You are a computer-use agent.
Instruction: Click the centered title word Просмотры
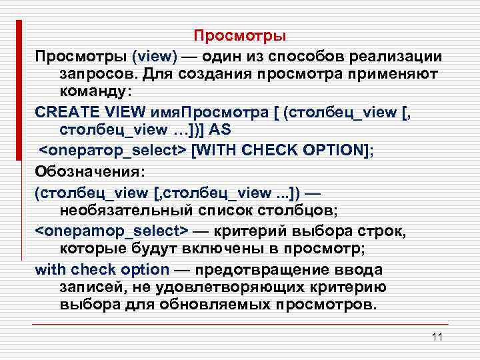tap(240, 35)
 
